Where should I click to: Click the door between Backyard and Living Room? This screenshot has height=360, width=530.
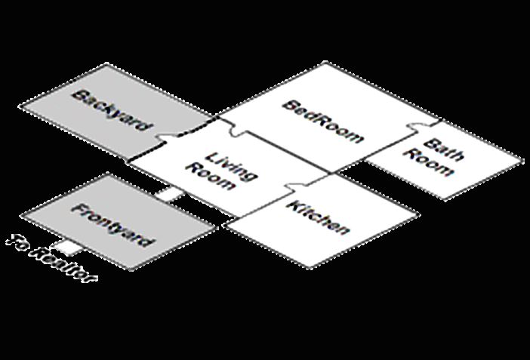click(x=168, y=137)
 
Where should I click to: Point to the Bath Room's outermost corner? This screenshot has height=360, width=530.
click(x=522, y=161)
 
